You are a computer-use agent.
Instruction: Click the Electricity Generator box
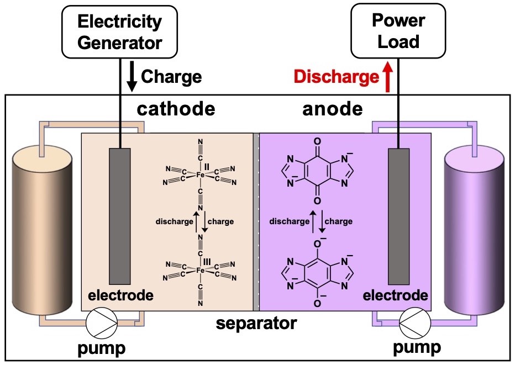pyautogui.click(x=119, y=32)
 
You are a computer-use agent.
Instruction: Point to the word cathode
pyautogui.click(x=176, y=109)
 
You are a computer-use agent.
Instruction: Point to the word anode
pyautogui.click(x=332, y=109)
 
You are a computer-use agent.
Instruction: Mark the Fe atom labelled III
pyautogui.click(x=200, y=271)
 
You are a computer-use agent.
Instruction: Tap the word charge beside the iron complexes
pyautogui.click(x=220, y=221)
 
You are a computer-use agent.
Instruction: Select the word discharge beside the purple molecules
pyautogui.click(x=289, y=221)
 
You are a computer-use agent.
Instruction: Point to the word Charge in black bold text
pyautogui.click(x=171, y=77)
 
